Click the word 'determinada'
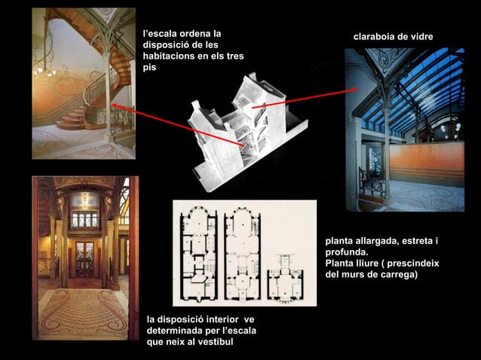(173, 331)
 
